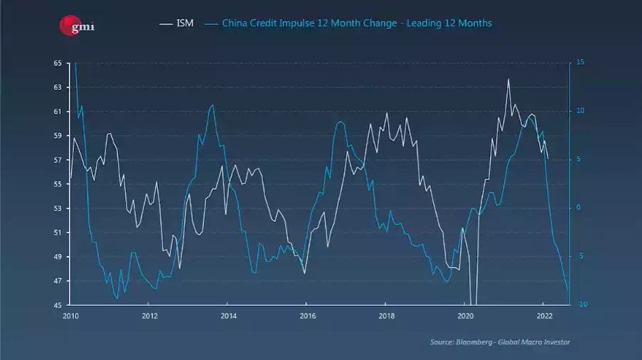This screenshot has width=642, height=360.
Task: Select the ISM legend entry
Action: tap(177, 23)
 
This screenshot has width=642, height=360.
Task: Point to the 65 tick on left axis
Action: tap(57, 63)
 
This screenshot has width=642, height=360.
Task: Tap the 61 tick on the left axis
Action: tap(57, 112)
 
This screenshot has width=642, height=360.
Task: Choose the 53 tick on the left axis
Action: tap(57, 208)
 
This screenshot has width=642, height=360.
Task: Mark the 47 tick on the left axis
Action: tap(57, 281)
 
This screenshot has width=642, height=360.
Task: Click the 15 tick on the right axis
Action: tap(580, 63)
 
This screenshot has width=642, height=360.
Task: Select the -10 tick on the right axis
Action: tap(581, 305)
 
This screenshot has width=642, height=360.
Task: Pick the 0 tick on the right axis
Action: tap(578, 208)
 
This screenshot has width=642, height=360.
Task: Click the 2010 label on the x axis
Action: tap(70, 315)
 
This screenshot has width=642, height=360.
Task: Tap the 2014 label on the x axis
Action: tap(228, 315)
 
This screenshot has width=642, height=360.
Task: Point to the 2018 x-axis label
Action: tap(386, 315)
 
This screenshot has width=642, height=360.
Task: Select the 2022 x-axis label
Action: tap(544, 315)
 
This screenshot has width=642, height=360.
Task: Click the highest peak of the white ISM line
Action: tap(508, 79)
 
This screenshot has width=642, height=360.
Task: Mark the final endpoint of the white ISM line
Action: tap(547, 158)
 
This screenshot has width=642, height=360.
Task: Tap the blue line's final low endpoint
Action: tap(568, 291)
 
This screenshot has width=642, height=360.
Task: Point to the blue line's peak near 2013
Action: tap(212, 105)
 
